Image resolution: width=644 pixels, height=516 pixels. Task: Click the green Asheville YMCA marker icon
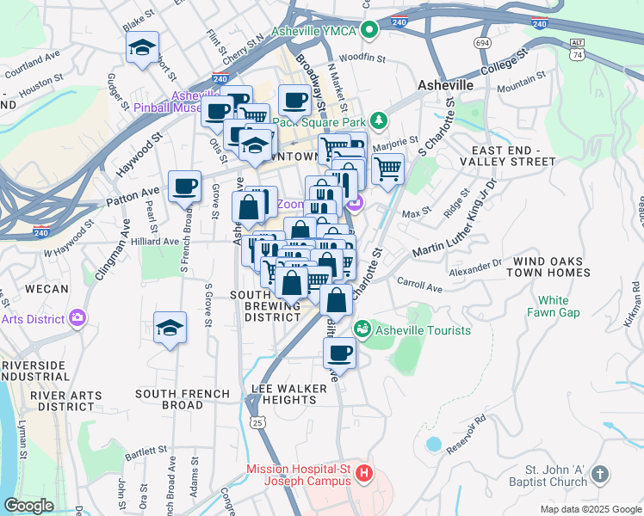[x=369, y=31]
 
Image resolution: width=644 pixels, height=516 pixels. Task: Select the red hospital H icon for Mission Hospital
[x=364, y=473]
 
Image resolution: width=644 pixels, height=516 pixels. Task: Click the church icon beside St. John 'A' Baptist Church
[x=601, y=474]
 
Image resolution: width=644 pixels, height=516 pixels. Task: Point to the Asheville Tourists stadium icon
[x=362, y=329]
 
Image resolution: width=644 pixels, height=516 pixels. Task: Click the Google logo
[x=28, y=506]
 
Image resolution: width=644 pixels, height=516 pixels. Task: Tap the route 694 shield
[x=482, y=42]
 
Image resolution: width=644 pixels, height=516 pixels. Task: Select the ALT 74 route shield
[x=578, y=48]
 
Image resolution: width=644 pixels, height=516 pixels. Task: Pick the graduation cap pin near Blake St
[x=142, y=48]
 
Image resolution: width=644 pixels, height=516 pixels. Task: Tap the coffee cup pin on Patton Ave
[x=184, y=186]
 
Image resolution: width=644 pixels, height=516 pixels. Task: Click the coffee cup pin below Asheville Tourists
[x=340, y=353]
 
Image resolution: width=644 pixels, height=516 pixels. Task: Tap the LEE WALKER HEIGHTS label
[x=289, y=394]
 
